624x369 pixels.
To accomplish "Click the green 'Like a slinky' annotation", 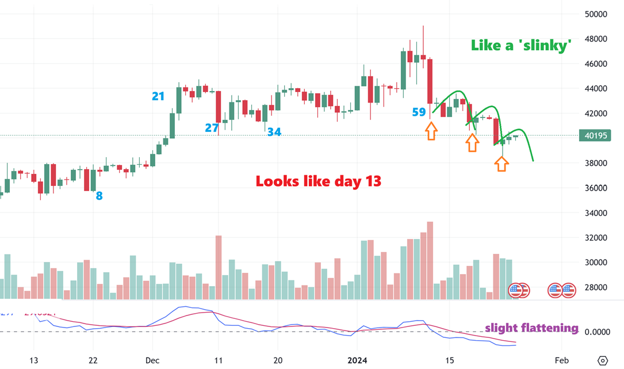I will point(521,45).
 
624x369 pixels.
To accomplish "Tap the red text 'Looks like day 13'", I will point(319,181).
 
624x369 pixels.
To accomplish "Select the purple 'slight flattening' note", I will point(531,328).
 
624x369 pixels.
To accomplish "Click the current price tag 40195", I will point(595,136).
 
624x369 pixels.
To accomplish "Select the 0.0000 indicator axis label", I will point(596,332).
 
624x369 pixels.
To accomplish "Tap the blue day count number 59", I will point(419,112).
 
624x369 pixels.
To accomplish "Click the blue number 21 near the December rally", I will point(158,96).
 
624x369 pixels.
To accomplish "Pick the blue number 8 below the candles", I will point(99,196).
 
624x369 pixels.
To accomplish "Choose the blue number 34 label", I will point(274,132).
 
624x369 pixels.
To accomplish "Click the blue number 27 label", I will point(212,128).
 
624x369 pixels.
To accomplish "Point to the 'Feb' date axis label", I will point(561,360).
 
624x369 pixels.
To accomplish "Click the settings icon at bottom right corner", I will point(603,360).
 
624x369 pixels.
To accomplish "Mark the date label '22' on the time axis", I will point(93,360).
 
